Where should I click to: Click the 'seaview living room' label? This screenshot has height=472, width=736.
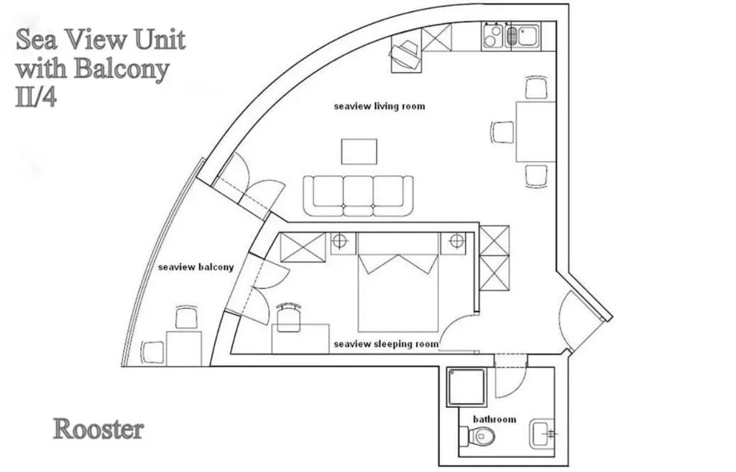(x=379, y=106)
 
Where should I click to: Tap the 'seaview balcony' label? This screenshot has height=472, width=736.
(x=195, y=267)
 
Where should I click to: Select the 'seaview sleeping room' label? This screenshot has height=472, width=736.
(x=386, y=344)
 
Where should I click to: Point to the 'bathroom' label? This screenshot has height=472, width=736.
(x=494, y=419)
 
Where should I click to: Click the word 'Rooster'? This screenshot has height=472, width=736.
(x=98, y=430)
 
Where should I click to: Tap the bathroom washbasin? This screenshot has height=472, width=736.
(x=542, y=433)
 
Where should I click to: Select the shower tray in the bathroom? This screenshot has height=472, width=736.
(x=466, y=387)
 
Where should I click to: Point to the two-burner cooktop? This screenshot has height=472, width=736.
(x=492, y=36)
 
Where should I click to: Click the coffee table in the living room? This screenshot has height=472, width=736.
(x=359, y=151)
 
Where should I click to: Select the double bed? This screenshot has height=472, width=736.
(x=398, y=282)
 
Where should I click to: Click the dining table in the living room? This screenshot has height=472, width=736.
(x=535, y=132)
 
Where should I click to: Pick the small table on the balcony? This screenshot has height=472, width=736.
(x=184, y=348)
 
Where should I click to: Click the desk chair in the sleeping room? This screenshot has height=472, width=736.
(x=288, y=317)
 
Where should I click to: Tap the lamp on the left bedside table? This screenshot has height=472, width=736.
(x=339, y=241)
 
